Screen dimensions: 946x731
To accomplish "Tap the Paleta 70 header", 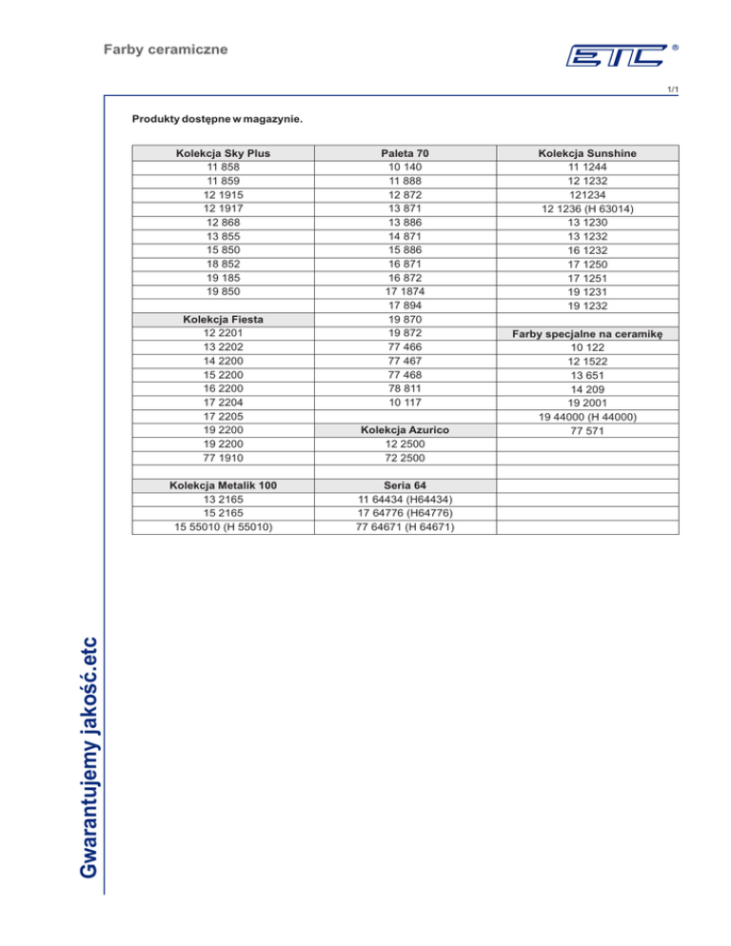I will (404, 152).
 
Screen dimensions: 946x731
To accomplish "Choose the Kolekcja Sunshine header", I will (587, 152).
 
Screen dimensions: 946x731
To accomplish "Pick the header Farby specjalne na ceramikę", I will (587, 334).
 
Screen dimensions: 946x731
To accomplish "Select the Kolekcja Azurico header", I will (404, 430).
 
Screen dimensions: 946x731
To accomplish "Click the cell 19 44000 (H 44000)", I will (587, 416).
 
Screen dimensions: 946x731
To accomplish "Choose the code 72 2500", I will (404, 458).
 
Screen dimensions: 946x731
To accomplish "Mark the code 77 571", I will (587, 430).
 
